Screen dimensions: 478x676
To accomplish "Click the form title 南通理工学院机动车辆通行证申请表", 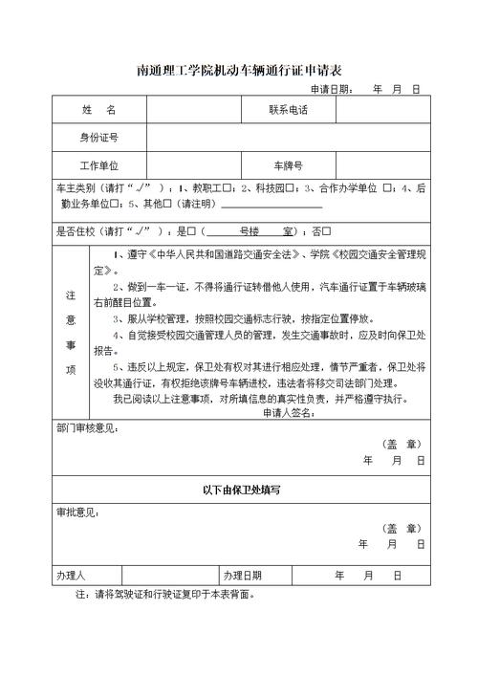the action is click(240, 70).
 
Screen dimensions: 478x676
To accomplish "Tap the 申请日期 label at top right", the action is click(329, 89).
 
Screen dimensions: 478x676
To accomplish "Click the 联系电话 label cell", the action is click(289, 111).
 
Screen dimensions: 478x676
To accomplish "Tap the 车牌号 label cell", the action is click(289, 165).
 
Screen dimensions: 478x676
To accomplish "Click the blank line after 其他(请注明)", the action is click(272, 204).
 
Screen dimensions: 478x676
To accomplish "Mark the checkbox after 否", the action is click(326, 230).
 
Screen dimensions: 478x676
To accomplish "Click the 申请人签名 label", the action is click(288, 412).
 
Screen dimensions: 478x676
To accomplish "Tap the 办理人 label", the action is click(71, 576).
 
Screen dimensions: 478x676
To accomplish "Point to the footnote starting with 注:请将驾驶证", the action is click(163, 594).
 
